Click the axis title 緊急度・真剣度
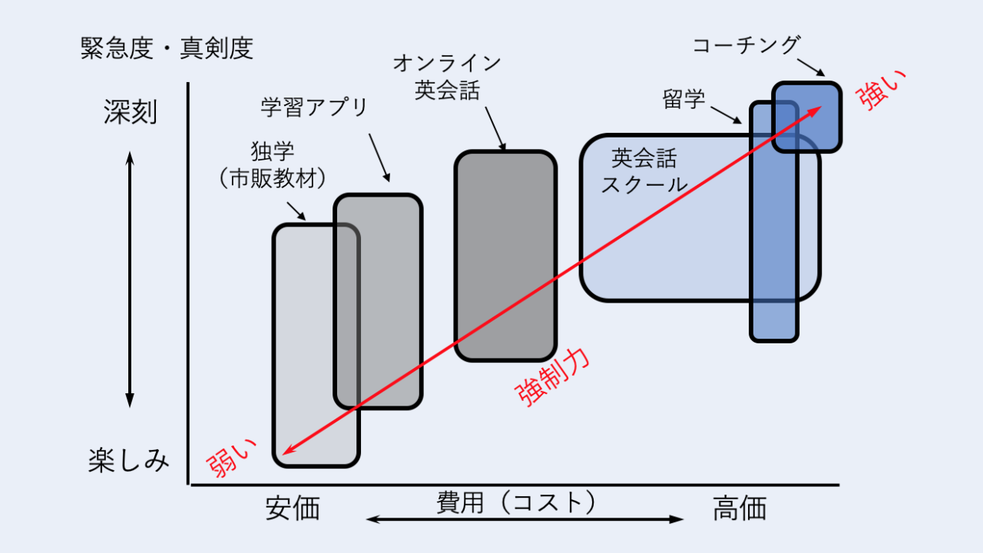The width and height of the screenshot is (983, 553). coord(167,49)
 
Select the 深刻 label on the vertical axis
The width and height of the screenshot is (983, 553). coord(131,112)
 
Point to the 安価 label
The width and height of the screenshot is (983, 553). coord(293,508)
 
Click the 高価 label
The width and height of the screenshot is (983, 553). coord(740,508)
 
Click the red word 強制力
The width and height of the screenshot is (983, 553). coord(553,378)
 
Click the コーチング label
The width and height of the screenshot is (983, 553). coord(746,45)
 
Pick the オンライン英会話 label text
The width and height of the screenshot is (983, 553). coord(447,77)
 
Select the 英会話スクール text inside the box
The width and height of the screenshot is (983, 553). coord(644,171)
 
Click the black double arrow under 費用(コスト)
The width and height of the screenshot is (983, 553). coord(525,519)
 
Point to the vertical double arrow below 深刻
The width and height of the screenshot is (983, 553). coord(130,280)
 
